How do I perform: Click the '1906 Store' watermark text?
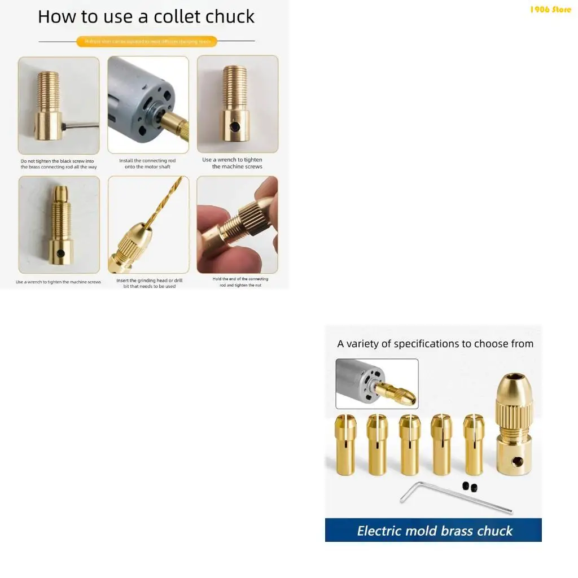pyautogui.click(x=550, y=10)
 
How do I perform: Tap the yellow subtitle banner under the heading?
pyautogui.click(x=147, y=41)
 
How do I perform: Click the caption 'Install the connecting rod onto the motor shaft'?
pyautogui.click(x=147, y=164)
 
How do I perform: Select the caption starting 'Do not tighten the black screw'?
pyautogui.click(x=59, y=164)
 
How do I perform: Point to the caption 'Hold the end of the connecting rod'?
pyautogui.click(x=240, y=282)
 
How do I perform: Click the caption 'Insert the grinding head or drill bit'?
pyautogui.click(x=149, y=283)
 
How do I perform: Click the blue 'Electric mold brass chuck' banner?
pyautogui.click(x=433, y=531)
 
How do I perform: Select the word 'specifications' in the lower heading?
pyautogui.click(x=426, y=344)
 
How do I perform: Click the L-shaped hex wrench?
pyautogui.click(x=452, y=497)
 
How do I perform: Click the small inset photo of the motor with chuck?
pyautogui.click(x=377, y=384)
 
